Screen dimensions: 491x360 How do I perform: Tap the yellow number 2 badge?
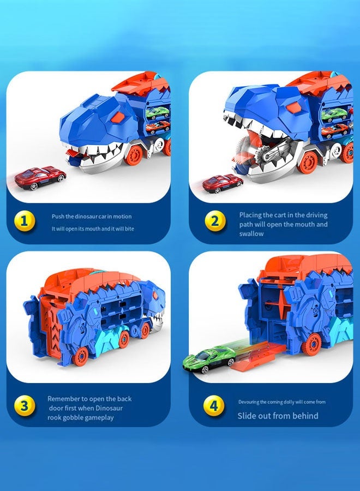tap(214, 221)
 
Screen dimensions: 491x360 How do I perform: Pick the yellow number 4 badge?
tap(214, 406)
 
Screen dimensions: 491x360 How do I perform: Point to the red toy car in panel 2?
tap(222, 183)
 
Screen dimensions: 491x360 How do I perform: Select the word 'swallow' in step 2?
tap(251, 233)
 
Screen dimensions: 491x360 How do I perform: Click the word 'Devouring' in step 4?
tap(250, 402)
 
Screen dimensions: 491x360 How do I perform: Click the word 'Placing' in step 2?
tap(251, 215)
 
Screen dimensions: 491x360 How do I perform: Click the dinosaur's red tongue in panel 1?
tap(73, 158)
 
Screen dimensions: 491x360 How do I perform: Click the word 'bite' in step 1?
tap(129, 229)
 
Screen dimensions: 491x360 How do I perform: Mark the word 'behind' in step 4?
tap(304, 416)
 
